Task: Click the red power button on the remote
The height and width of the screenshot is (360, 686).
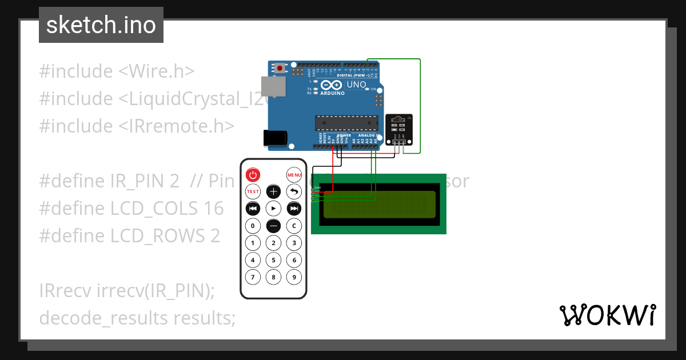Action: pos(253,174)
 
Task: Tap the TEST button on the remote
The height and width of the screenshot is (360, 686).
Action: pos(253,191)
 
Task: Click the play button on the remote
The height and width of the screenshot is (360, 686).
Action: pos(273,208)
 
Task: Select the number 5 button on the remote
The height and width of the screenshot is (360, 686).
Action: pos(273,261)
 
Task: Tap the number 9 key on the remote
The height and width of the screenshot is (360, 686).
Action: pos(294,278)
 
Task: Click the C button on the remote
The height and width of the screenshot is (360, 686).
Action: pos(294,226)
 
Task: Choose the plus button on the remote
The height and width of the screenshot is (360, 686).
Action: pos(273,191)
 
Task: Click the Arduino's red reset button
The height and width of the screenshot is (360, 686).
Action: pos(280,69)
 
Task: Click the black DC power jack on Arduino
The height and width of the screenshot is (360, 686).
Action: pos(274,138)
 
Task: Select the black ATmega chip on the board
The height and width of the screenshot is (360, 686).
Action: pos(346,123)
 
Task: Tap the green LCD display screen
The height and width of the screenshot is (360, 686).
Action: pos(378,205)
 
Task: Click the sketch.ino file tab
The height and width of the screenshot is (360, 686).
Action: pos(101,25)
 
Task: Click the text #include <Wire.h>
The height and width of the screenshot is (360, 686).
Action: pos(117,71)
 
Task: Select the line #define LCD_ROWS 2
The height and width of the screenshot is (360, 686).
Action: pos(129,235)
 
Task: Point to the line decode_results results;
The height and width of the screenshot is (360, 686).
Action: pos(137,318)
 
